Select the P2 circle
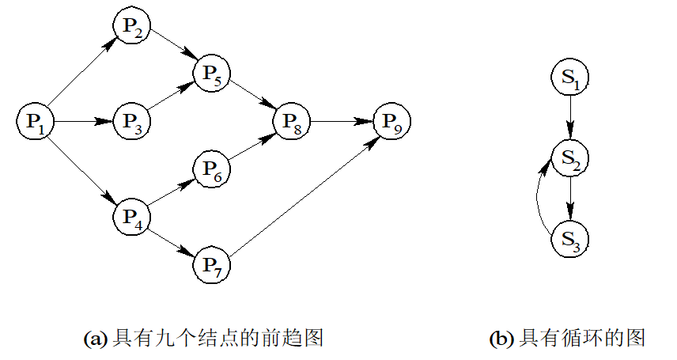tap(132, 26)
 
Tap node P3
tap(132, 121)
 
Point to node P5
tap(212, 74)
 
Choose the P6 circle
tap(212, 168)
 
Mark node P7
tap(212, 263)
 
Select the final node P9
tap(392, 121)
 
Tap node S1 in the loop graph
tap(570, 78)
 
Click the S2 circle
tap(570, 157)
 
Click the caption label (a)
tap(93, 339)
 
